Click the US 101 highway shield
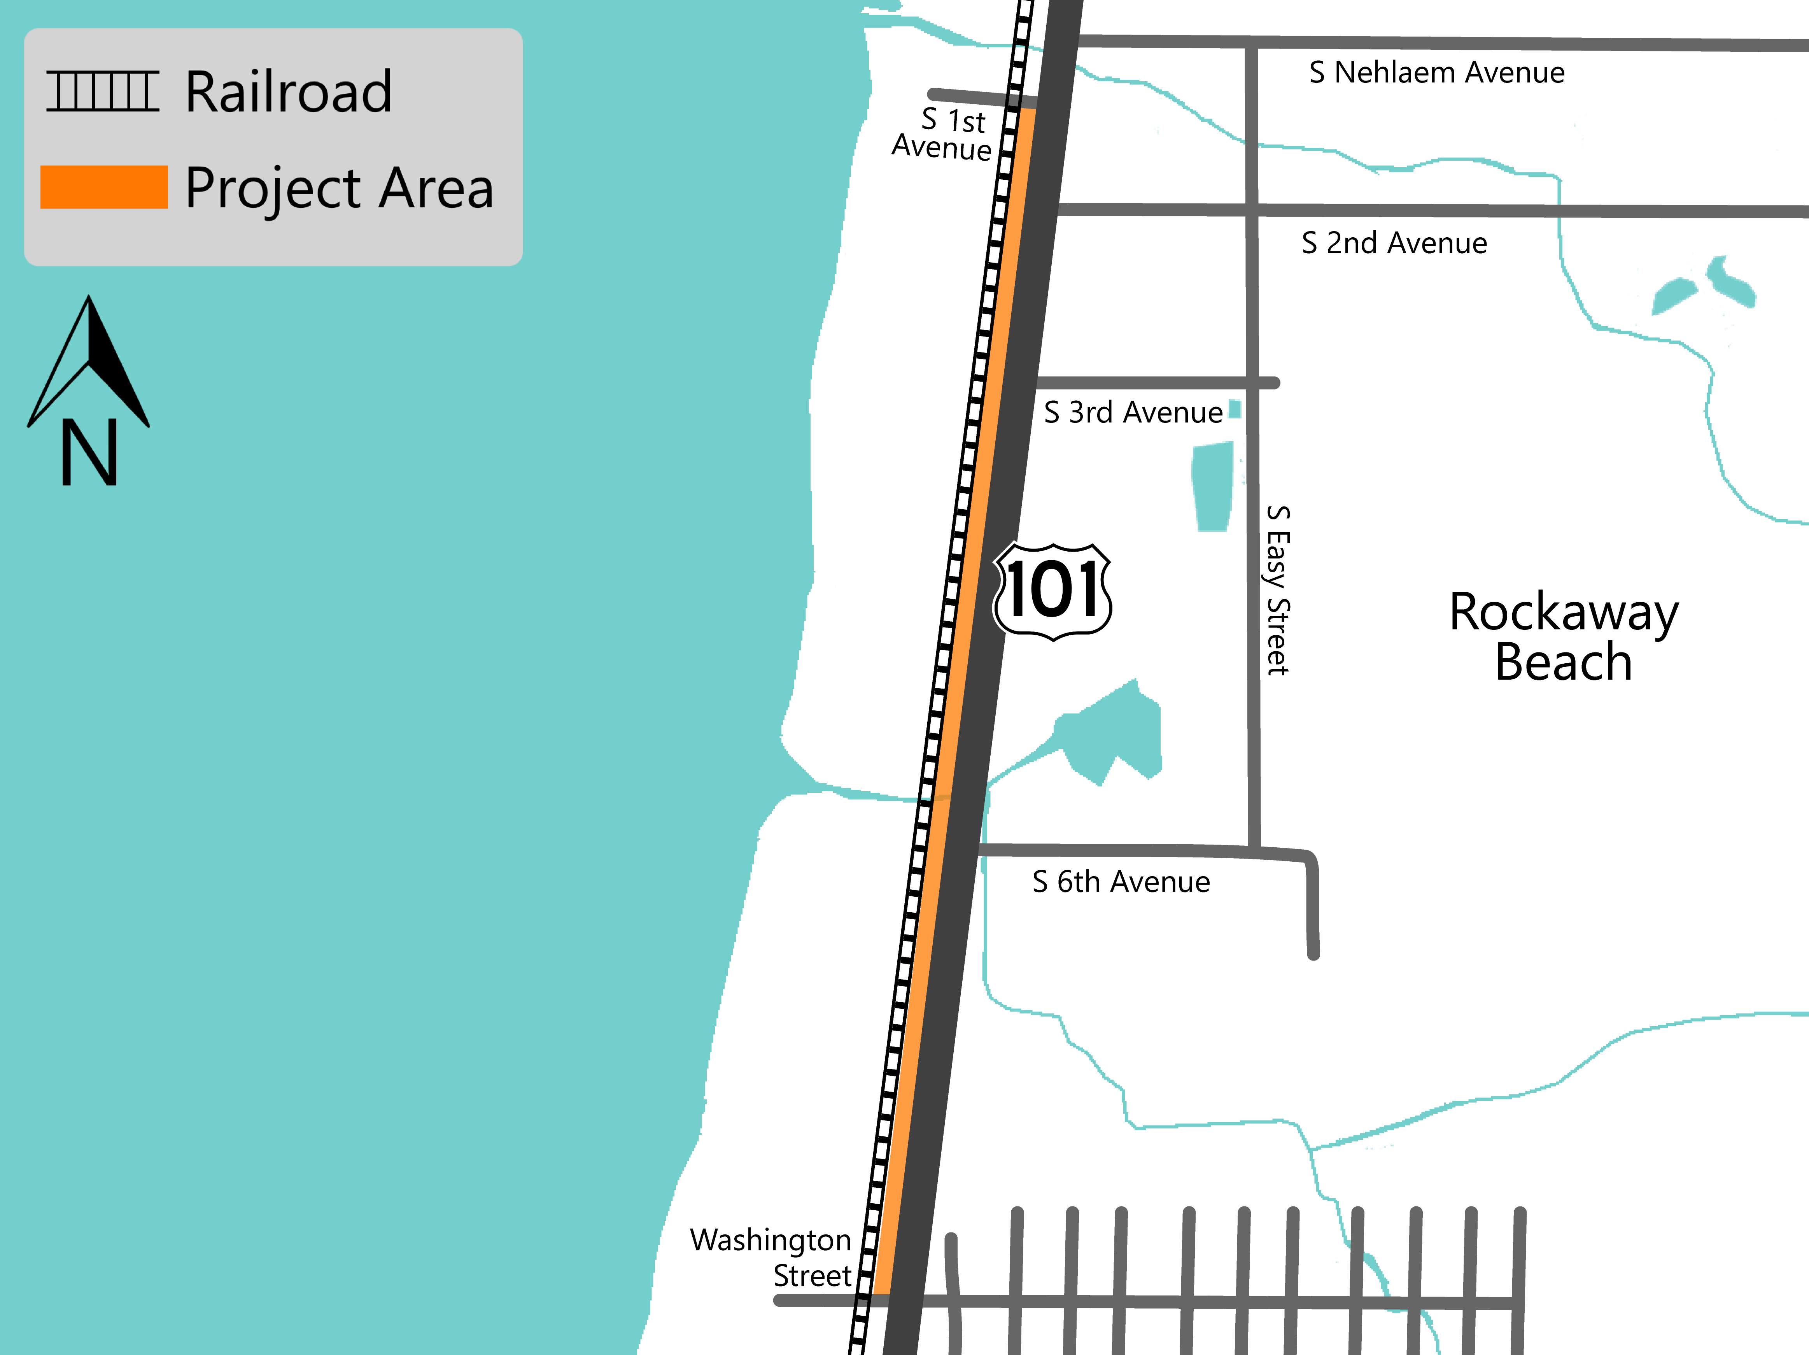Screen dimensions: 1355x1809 point(1052,591)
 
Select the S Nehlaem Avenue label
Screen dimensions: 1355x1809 point(1436,73)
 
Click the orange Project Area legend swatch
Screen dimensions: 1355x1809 point(104,187)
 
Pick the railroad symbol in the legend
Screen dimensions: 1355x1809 point(102,91)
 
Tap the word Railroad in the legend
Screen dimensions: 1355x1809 point(288,91)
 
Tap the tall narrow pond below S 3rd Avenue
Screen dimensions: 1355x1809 point(1212,487)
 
